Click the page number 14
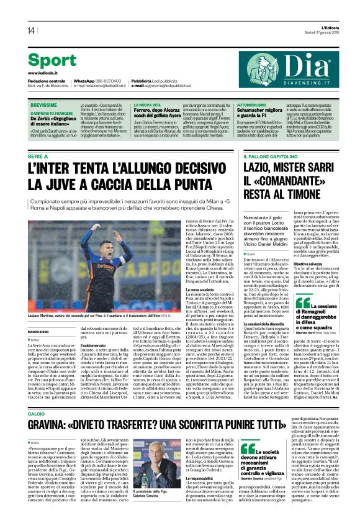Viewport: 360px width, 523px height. pyautogui.click(x=30, y=30)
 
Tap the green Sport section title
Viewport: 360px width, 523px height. pyautogui.click(x=52, y=61)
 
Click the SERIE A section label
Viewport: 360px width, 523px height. pyautogui.click(x=38, y=157)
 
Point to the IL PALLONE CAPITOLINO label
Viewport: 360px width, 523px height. pyautogui.click(x=269, y=157)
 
